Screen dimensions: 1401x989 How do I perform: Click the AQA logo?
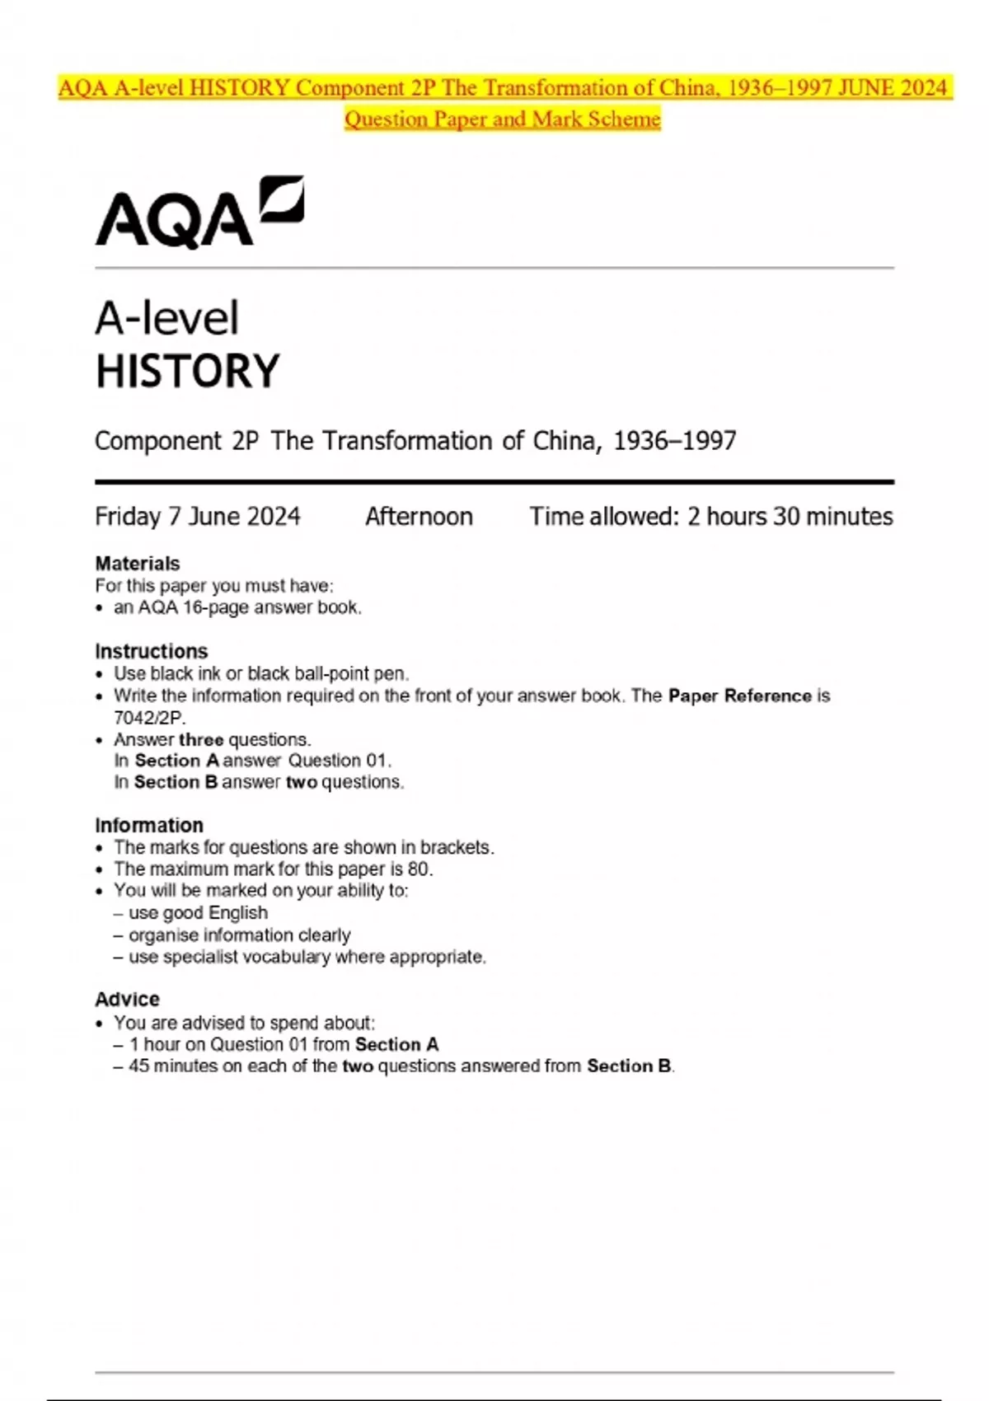pyautogui.click(x=199, y=213)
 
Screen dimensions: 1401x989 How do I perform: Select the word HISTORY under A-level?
pyautogui.click(x=188, y=371)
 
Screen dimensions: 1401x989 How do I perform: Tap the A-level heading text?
pyautogui.click(x=167, y=318)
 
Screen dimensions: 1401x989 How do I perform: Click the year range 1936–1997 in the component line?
pyautogui.click(x=675, y=441)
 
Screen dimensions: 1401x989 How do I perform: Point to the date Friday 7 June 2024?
pyautogui.click(x=198, y=517)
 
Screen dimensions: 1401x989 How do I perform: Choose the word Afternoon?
pyautogui.click(x=419, y=517)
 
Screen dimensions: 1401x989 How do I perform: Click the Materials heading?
pyautogui.click(x=138, y=564)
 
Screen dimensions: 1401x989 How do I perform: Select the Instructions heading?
pyautogui.click(x=152, y=651)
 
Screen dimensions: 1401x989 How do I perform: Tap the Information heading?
pyautogui.click(x=149, y=825)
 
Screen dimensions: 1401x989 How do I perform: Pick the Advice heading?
pyautogui.click(x=128, y=999)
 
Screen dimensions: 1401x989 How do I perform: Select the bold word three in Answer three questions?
pyautogui.click(x=201, y=739)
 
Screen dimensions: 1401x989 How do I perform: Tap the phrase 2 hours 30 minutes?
pyautogui.click(x=790, y=517)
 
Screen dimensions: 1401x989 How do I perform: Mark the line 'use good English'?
pyautogui.click(x=198, y=912)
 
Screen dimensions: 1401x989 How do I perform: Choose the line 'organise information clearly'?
pyautogui.click(x=239, y=935)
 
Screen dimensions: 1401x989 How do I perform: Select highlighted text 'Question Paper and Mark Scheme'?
pyautogui.click(x=503, y=119)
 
